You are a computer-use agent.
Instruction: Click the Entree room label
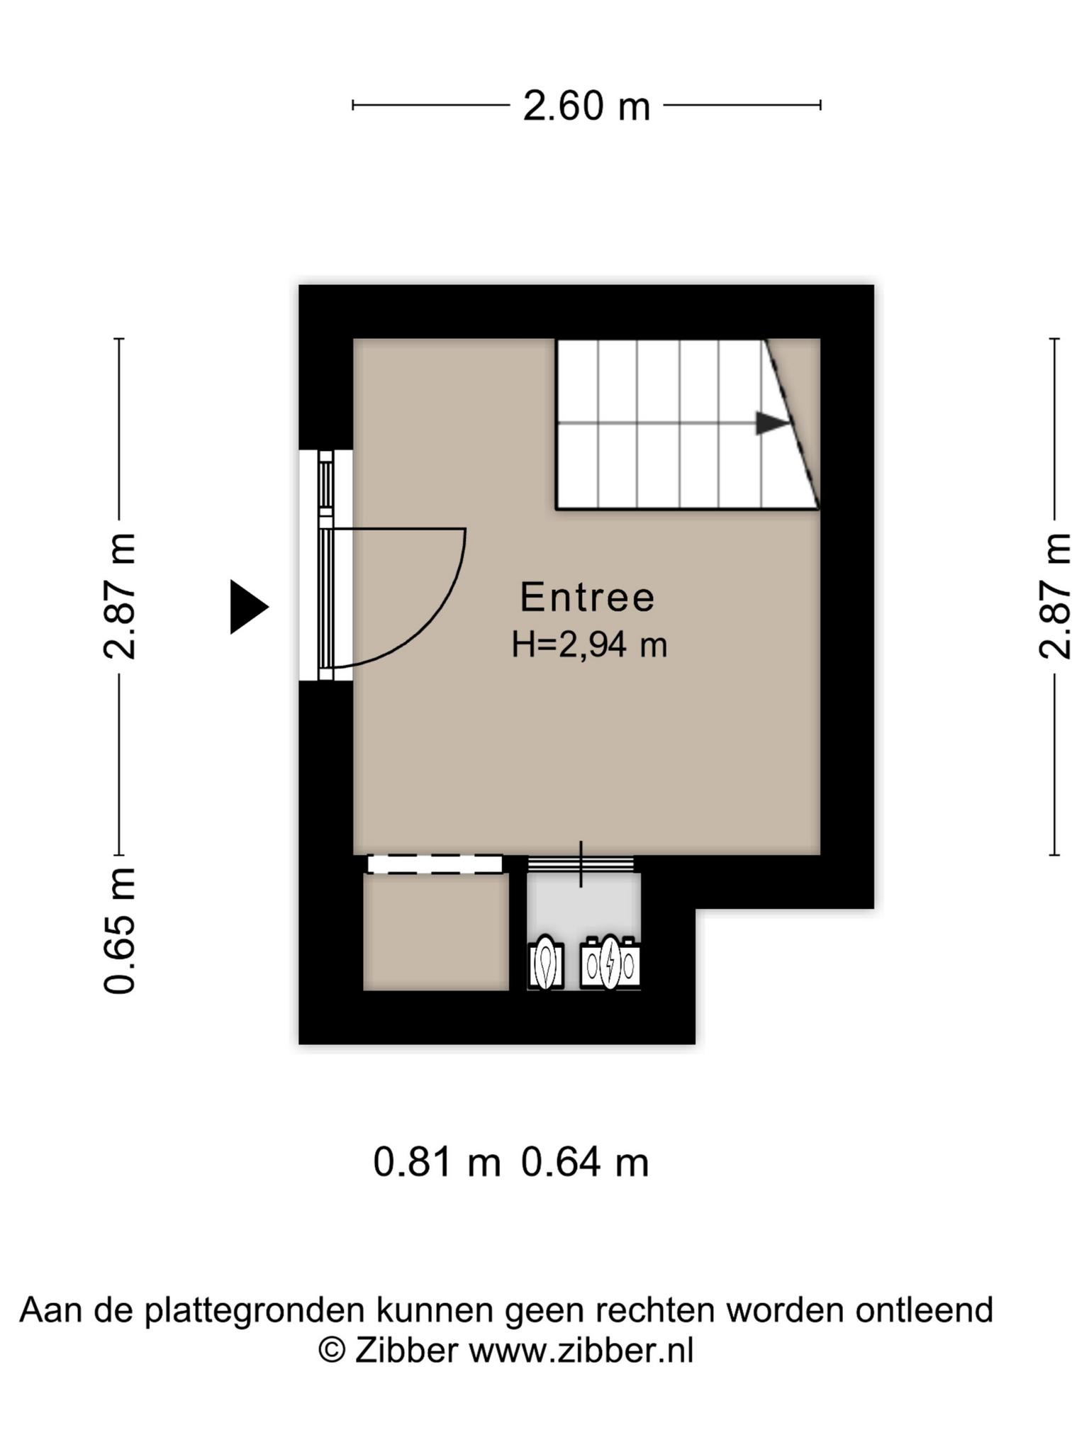point(587,597)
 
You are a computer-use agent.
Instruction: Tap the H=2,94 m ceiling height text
point(589,645)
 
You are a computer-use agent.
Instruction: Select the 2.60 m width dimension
point(586,106)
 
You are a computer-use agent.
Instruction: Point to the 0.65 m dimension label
point(119,930)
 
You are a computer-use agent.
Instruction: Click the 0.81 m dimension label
point(437,1163)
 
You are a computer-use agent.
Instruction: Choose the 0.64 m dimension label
point(585,1163)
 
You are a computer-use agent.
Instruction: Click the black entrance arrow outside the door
point(249,607)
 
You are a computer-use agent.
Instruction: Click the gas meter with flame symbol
point(546,962)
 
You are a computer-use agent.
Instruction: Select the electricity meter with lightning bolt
point(610,962)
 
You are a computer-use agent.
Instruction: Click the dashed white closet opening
point(435,864)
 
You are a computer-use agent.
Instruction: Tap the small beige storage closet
point(436,932)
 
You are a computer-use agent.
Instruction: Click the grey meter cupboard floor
point(583,907)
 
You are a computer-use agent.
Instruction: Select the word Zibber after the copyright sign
point(406,1351)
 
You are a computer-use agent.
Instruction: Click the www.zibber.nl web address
point(581,1351)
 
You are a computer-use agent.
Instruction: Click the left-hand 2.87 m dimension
point(119,596)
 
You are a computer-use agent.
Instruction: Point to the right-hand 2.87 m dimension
point(1055,596)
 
